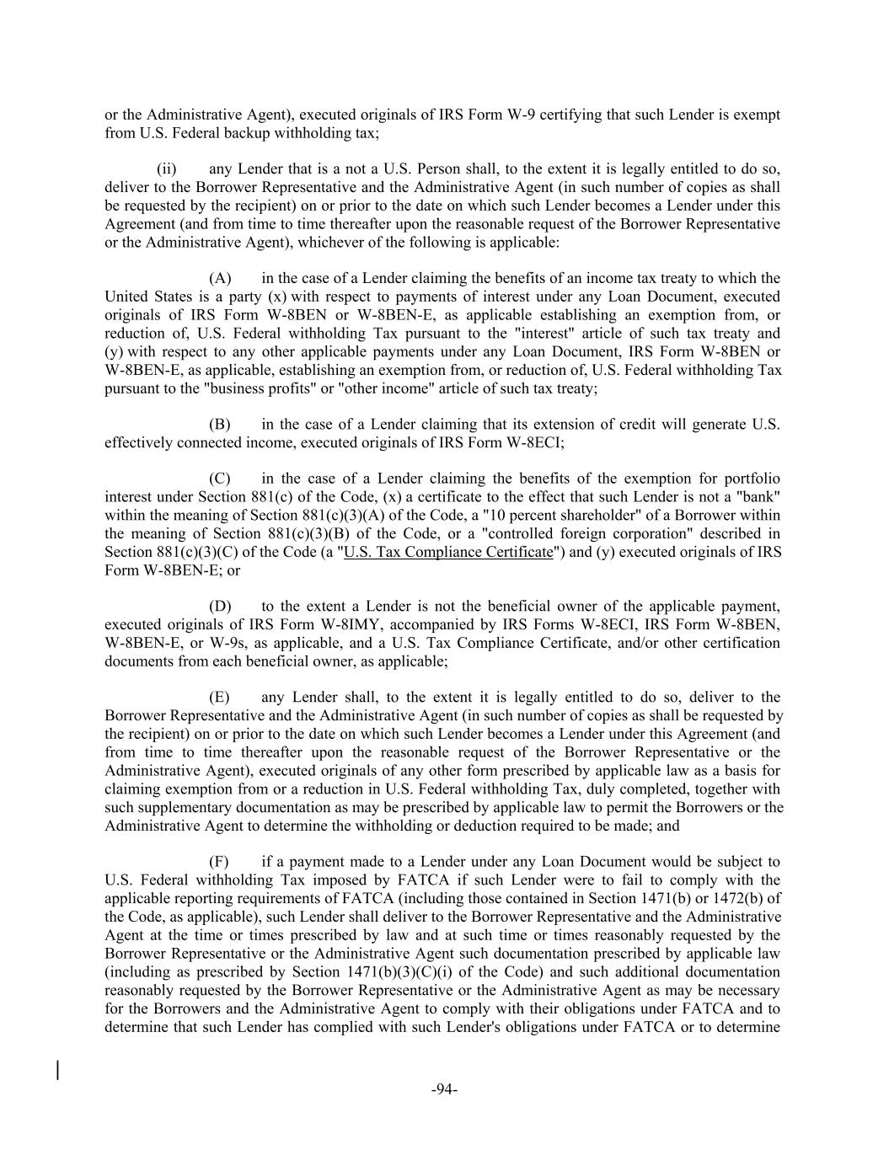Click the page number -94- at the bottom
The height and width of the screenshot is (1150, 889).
pyautogui.click(x=444, y=1089)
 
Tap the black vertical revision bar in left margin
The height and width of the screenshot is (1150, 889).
pyautogui.click(x=57, y=1070)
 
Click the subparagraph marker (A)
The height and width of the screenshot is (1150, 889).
pyautogui.click(x=220, y=278)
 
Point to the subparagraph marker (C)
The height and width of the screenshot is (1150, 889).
pyautogui.click(x=220, y=479)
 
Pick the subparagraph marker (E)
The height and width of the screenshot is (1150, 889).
pyautogui.click(x=219, y=697)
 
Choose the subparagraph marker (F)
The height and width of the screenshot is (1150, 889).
pyautogui.click(x=219, y=861)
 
